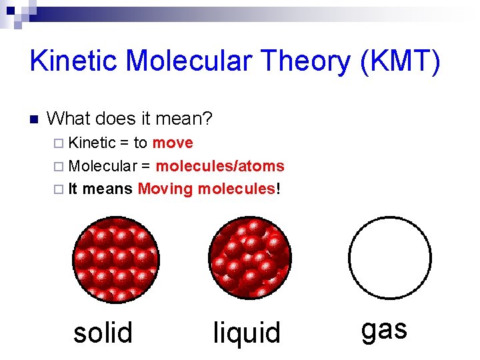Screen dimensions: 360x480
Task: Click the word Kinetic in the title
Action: pos(73,61)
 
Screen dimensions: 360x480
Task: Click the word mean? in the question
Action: pos(186,119)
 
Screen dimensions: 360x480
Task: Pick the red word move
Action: pos(173,143)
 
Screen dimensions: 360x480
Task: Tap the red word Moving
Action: pos(165,189)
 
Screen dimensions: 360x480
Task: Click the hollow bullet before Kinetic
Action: pos(58,143)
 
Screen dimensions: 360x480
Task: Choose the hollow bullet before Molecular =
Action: pos(58,167)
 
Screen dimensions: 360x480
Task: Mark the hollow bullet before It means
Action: pos(58,189)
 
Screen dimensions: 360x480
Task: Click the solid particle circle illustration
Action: pos(113,257)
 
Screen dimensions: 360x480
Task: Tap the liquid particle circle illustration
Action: pos(250,257)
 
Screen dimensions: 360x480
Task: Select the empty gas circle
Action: pos(390,257)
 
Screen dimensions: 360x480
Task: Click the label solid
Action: pos(103,332)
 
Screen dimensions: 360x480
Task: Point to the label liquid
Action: pos(247,332)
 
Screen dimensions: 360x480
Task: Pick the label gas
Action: pos(384,330)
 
